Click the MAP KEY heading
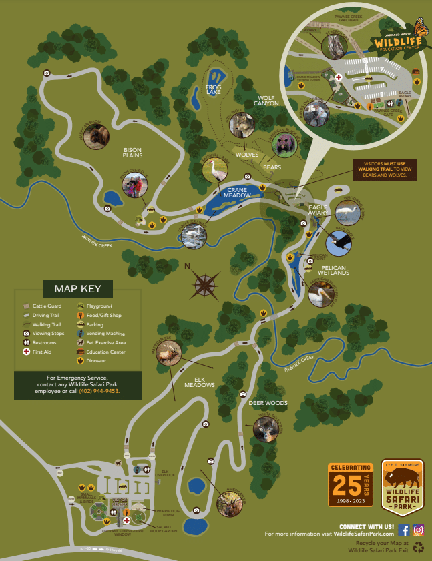(x=77, y=289)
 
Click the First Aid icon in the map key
(x=26, y=351)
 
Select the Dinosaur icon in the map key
(x=80, y=361)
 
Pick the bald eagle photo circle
(x=341, y=243)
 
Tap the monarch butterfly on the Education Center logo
(x=421, y=28)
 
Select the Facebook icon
(x=404, y=530)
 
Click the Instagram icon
(x=418, y=530)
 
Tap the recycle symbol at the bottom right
(x=418, y=547)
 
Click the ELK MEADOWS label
(x=200, y=382)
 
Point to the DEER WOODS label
(x=268, y=403)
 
